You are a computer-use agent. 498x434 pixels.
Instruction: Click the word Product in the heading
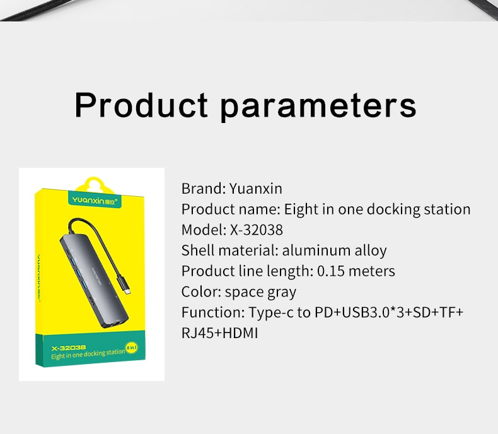(141, 105)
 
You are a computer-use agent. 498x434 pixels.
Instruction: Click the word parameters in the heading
(318, 107)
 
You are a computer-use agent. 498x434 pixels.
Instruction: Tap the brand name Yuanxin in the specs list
(256, 189)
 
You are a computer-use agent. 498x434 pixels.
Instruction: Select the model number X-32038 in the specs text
(257, 230)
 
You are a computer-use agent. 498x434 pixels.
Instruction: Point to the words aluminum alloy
(335, 250)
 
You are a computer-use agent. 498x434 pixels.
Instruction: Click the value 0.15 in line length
(331, 271)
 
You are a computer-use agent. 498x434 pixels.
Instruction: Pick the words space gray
(260, 292)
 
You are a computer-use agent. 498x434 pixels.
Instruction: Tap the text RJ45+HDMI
(220, 333)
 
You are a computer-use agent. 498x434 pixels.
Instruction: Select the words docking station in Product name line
(419, 209)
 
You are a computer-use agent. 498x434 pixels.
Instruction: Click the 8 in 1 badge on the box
(132, 348)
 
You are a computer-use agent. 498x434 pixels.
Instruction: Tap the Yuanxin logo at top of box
(95, 201)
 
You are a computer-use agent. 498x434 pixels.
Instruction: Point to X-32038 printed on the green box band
(69, 348)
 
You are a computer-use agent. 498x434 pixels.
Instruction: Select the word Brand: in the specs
(204, 189)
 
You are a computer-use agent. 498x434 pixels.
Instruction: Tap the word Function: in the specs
(213, 312)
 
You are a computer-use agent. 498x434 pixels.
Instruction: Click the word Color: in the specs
(201, 291)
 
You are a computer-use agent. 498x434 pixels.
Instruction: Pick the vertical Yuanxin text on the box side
(38, 278)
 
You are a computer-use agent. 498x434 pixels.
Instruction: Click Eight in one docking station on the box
(88, 355)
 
